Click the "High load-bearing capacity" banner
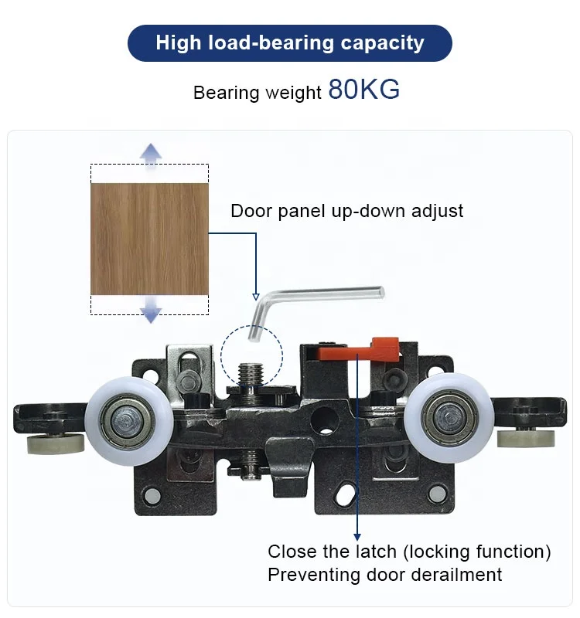coord(289,42)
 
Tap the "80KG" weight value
coord(364,90)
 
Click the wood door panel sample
coord(149,239)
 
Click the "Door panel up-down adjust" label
coord(346,211)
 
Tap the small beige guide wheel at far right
coord(526,439)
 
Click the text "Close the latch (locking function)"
coord(409,552)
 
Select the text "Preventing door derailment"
coord(384,575)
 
